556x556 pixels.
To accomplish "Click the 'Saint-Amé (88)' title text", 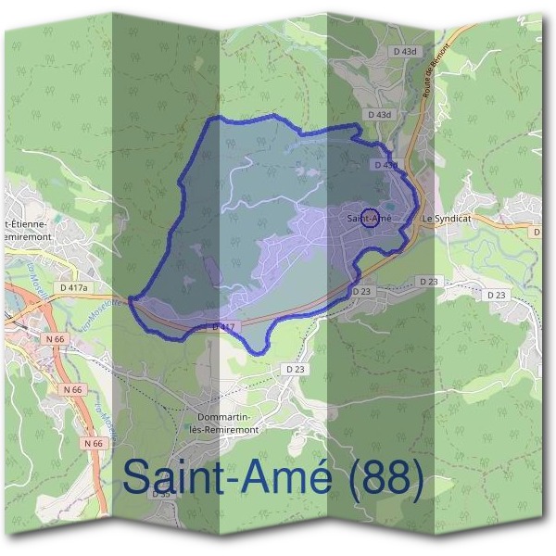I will tap(273, 478).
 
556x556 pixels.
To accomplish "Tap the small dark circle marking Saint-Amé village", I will tap(369, 218).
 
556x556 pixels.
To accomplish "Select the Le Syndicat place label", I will tap(447, 219).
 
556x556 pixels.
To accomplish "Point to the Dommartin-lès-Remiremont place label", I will tap(226, 423).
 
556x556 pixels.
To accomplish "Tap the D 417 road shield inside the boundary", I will tap(223, 326).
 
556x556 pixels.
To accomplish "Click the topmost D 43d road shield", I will tap(405, 52).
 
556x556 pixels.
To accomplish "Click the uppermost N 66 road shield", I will tap(54, 340).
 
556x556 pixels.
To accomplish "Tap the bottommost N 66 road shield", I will tap(93, 444).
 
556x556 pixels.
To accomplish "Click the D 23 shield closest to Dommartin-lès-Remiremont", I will tap(295, 369).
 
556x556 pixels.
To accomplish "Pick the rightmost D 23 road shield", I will tap(497, 295).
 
